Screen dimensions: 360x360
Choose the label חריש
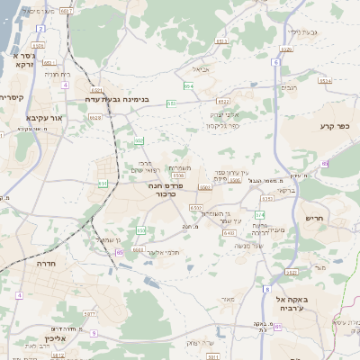(313, 218)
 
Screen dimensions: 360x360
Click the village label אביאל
(201, 68)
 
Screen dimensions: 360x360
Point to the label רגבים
(291, 87)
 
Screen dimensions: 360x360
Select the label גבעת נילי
(302, 32)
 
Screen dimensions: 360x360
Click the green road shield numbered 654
(188, 86)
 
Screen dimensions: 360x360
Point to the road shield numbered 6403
(229, 232)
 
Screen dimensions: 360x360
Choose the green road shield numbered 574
(260, 214)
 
